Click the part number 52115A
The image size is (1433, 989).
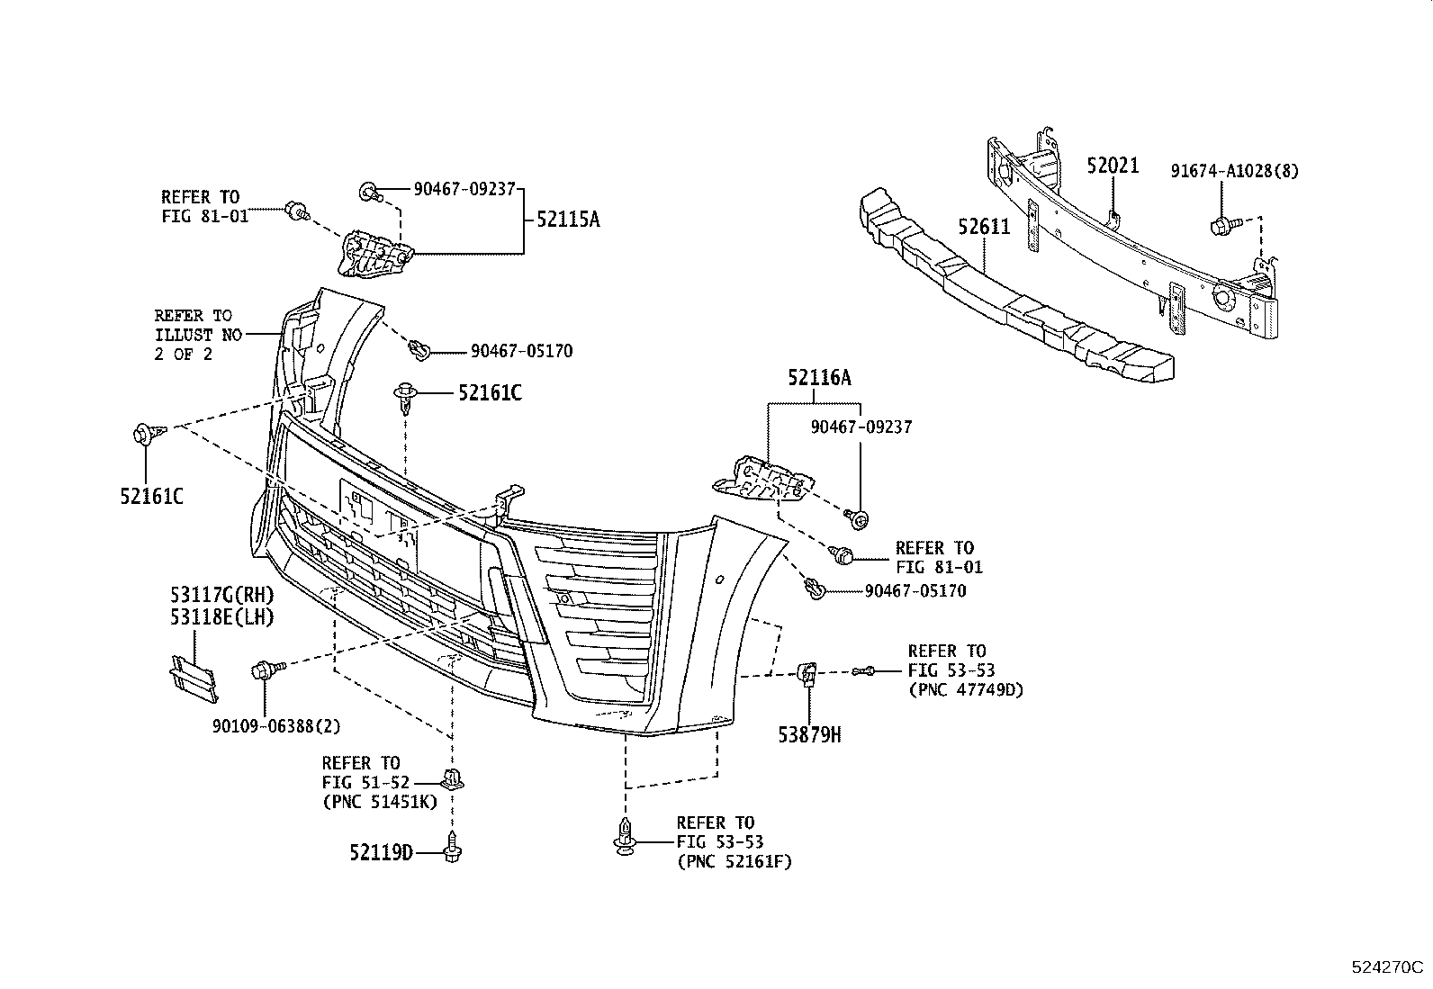567,219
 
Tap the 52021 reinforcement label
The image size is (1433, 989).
1113,166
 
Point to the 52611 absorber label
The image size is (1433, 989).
984,227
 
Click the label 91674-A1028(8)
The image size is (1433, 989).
1234,171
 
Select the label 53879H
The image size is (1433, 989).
810,735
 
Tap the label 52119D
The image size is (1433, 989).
381,851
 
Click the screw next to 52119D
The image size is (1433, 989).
453,847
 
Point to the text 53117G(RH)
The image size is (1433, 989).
221,595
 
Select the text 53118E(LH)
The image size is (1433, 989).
221,616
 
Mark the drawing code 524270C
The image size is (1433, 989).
1386,968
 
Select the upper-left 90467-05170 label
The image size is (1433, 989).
520,351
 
